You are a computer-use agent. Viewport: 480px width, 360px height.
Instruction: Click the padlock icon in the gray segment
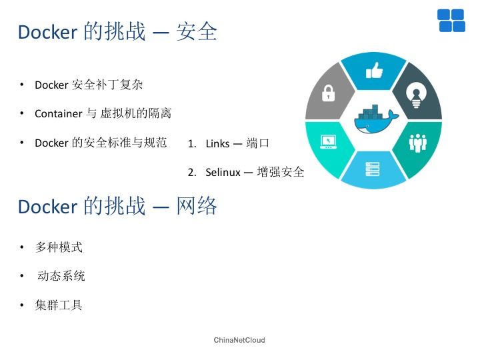point(328,93)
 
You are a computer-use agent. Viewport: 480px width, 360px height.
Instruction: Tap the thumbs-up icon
point(375,71)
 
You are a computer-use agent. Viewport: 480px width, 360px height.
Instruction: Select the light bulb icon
point(416,97)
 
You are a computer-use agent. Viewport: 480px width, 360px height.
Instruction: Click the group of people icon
point(418,143)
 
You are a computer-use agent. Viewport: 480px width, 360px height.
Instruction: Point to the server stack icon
point(373,169)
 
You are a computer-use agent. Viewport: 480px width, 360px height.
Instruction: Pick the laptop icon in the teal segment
point(329,142)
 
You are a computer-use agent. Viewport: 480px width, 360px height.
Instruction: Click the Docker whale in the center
point(376,119)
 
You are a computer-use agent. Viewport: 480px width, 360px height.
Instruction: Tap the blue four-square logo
point(451,21)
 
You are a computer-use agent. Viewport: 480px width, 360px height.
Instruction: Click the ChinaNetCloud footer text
point(239,340)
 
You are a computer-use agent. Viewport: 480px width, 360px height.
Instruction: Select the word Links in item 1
point(217,143)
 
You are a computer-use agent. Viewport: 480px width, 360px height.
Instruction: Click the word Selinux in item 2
point(223,172)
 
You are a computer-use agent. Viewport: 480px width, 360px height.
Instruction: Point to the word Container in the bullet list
point(59,113)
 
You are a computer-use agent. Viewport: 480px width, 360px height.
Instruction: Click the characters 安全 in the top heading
point(197,31)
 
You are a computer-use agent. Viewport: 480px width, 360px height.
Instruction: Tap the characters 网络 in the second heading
point(197,206)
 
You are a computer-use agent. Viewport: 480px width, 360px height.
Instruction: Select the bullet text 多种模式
point(59,247)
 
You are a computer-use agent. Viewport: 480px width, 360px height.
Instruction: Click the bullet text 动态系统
point(61,275)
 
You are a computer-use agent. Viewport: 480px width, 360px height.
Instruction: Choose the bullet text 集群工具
point(59,305)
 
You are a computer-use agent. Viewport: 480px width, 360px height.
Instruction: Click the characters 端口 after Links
point(257,143)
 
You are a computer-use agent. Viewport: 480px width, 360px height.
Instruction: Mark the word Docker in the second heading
point(48,206)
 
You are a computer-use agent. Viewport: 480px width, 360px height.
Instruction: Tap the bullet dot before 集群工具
point(22,305)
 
